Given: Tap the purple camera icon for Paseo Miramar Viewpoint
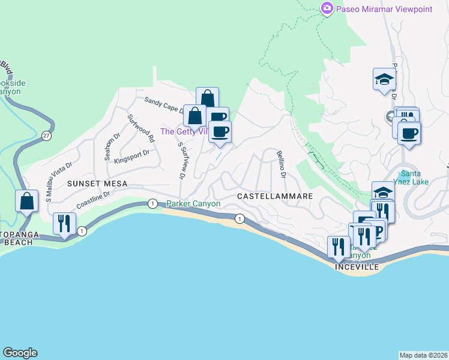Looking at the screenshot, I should click(x=327, y=8).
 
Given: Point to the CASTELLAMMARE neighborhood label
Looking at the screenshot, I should click(x=275, y=196).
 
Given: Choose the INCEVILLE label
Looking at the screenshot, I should click(x=358, y=266).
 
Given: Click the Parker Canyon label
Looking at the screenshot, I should click(x=193, y=203).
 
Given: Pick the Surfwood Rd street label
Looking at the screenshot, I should click(x=141, y=127).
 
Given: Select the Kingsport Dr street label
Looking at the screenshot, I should click(x=131, y=156).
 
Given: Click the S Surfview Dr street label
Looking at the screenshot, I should click(x=181, y=160).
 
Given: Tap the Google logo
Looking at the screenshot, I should click(x=20, y=353).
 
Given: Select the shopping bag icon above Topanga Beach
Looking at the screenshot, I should click(x=27, y=201).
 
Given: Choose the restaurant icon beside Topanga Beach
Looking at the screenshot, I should click(x=64, y=224).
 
